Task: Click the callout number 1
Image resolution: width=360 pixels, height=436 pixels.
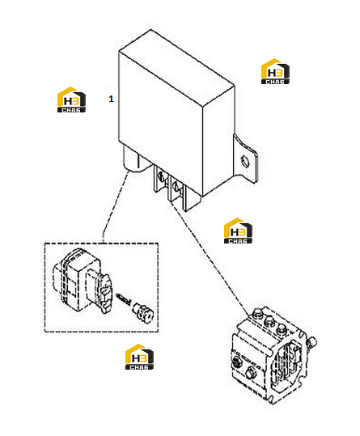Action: (111, 99)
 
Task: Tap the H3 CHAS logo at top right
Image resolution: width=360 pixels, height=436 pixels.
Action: (275, 71)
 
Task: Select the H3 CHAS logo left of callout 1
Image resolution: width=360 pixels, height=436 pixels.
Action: (71, 99)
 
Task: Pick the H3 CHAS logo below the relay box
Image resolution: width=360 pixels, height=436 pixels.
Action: (238, 231)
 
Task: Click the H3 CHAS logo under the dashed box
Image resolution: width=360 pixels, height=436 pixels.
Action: (139, 357)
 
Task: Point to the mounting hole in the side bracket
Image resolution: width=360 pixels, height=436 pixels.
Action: (245, 161)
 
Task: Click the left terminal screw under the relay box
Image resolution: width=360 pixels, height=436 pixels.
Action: (161, 176)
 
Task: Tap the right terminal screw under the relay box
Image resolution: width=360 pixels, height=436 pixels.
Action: (176, 185)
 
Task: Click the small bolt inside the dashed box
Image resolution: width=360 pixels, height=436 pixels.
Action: (142, 312)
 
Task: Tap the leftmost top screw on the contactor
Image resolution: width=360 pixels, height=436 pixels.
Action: (257, 314)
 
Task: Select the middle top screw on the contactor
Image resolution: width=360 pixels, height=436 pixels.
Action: (269, 321)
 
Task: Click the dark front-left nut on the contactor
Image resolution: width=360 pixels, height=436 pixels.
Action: (237, 362)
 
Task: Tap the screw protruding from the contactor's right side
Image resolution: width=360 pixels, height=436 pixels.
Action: (311, 341)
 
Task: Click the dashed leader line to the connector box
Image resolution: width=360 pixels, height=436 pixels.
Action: (115, 205)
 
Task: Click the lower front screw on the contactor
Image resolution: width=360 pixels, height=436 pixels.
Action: (251, 372)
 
